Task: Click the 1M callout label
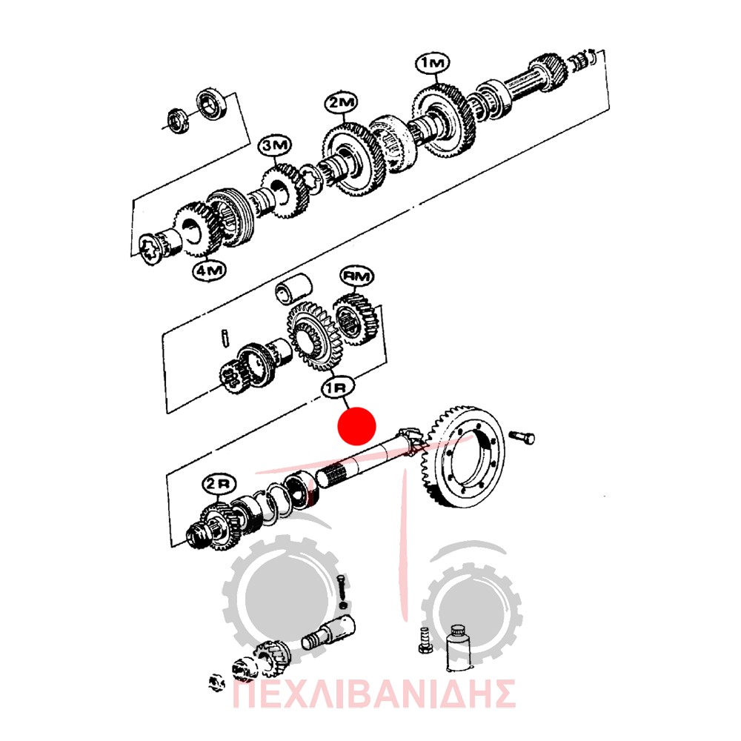(x=433, y=63)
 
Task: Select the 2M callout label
(x=341, y=102)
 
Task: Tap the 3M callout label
(x=275, y=146)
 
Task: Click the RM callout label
(x=357, y=276)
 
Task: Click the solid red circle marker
(x=356, y=426)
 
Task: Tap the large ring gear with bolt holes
(x=462, y=456)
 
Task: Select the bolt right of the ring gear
(x=522, y=437)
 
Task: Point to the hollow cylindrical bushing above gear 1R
(x=293, y=288)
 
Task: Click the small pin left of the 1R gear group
(x=225, y=338)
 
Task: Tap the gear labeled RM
(x=356, y=319)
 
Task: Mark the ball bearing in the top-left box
(x=212, y=104)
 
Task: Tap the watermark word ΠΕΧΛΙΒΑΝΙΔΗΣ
(x=373, y=694)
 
